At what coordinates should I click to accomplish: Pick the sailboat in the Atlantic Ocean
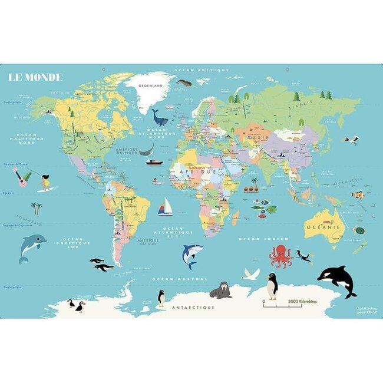pyautogui.click(x=166, y=207)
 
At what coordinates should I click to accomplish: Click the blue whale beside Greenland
pyautogui.click(x=159, y=117)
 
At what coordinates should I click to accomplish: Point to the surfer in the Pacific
pyautogui.click(x=45, y=182)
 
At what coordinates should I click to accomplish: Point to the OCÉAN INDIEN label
pyautogui.click(x=255, y=239)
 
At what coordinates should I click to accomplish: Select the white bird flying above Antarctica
pyautogui.click(x=251, y=273)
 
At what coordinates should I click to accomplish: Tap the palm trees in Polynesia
pyautogui.click(x=37, y=208)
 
